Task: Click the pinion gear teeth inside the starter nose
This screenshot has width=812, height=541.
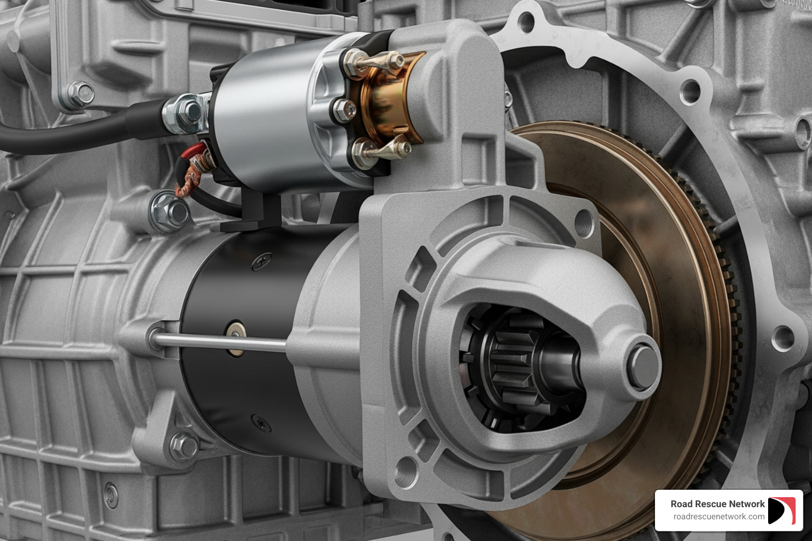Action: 508,365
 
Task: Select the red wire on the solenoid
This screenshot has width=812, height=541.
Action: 197,151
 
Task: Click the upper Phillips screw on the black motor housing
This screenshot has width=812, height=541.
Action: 261,260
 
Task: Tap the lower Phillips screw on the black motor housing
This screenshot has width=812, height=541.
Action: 261,423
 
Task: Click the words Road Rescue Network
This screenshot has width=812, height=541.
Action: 717,504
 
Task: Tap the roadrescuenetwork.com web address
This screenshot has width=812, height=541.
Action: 718,517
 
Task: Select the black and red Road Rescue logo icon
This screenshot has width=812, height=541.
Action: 781,511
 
